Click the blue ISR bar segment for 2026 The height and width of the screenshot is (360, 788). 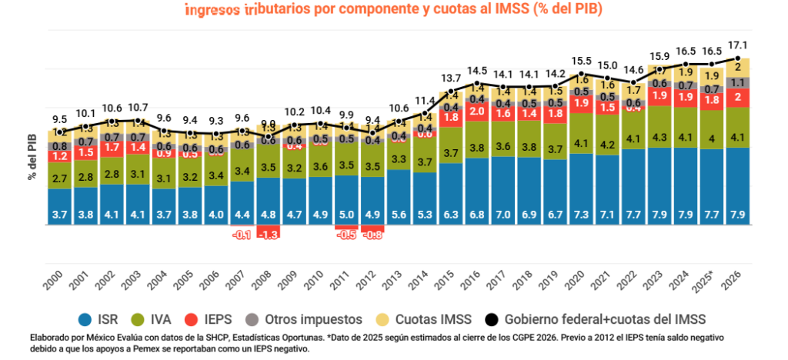[738, 187]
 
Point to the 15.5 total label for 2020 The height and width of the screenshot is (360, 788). [581, 61]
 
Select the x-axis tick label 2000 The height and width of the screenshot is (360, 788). [54, 275]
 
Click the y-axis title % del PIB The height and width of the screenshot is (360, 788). [33, 155]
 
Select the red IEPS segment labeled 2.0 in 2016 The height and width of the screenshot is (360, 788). [477, 112]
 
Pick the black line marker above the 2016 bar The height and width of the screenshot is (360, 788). [477, 84]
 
